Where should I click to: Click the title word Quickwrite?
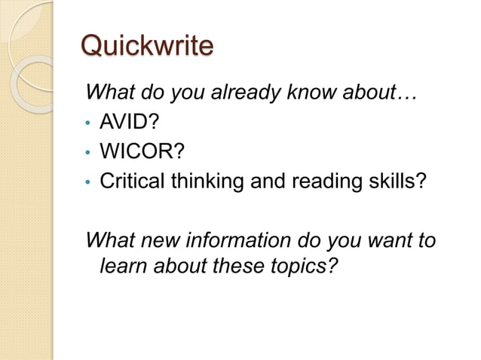(146, 47)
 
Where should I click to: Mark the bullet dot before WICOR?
(89, 152)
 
